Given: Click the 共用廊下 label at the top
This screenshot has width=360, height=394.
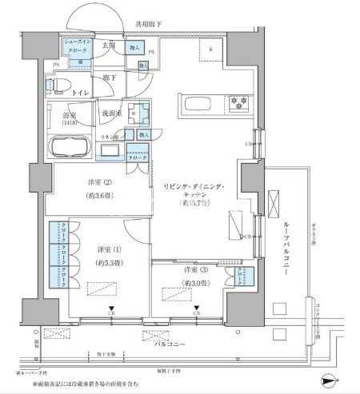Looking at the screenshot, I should (149, 25).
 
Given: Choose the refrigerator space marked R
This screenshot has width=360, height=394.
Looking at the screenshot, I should (210, 52).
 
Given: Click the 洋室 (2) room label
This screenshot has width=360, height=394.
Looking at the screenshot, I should (97, 187).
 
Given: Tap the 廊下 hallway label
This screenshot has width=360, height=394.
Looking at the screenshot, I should (110, 78).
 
